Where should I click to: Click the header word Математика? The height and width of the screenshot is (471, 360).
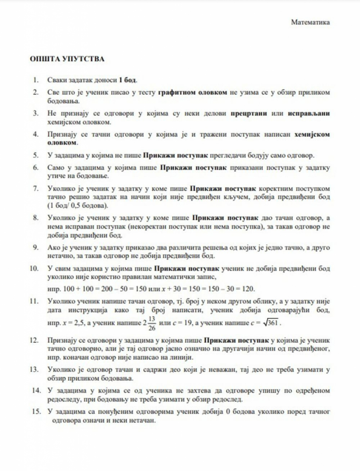pos(310,22)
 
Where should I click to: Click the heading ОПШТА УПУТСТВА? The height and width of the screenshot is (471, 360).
pos(67,60)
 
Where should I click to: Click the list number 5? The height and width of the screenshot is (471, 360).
pos(36,154)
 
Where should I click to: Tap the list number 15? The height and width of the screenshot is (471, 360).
pos(34,411)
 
